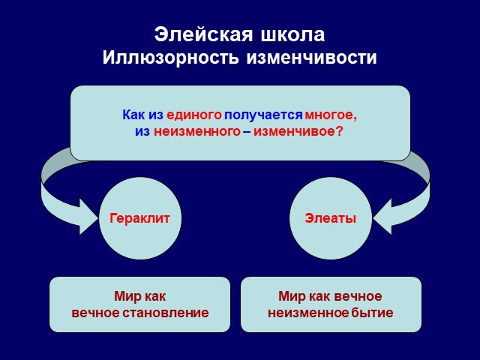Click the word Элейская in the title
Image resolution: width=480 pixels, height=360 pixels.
click(x=203, y=34)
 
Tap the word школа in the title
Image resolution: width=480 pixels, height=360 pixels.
click(x=292, y=35)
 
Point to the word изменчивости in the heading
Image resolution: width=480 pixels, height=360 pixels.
click(x=311, y=57)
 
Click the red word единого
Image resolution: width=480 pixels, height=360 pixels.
click(x=194, y=115)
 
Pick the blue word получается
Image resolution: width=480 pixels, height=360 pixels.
click(x=263, y=115)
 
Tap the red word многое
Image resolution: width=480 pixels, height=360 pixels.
click(x=331, y=115)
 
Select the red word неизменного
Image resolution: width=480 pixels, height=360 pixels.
click(x=197, y=132)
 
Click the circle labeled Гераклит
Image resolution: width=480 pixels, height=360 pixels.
click(x=140, y=218)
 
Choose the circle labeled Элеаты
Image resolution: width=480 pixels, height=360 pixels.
click(x=331, y=218)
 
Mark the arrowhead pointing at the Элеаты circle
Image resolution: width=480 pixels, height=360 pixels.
click(x=382, y=217)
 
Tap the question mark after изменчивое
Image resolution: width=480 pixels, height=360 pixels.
click(x=339, y=131)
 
